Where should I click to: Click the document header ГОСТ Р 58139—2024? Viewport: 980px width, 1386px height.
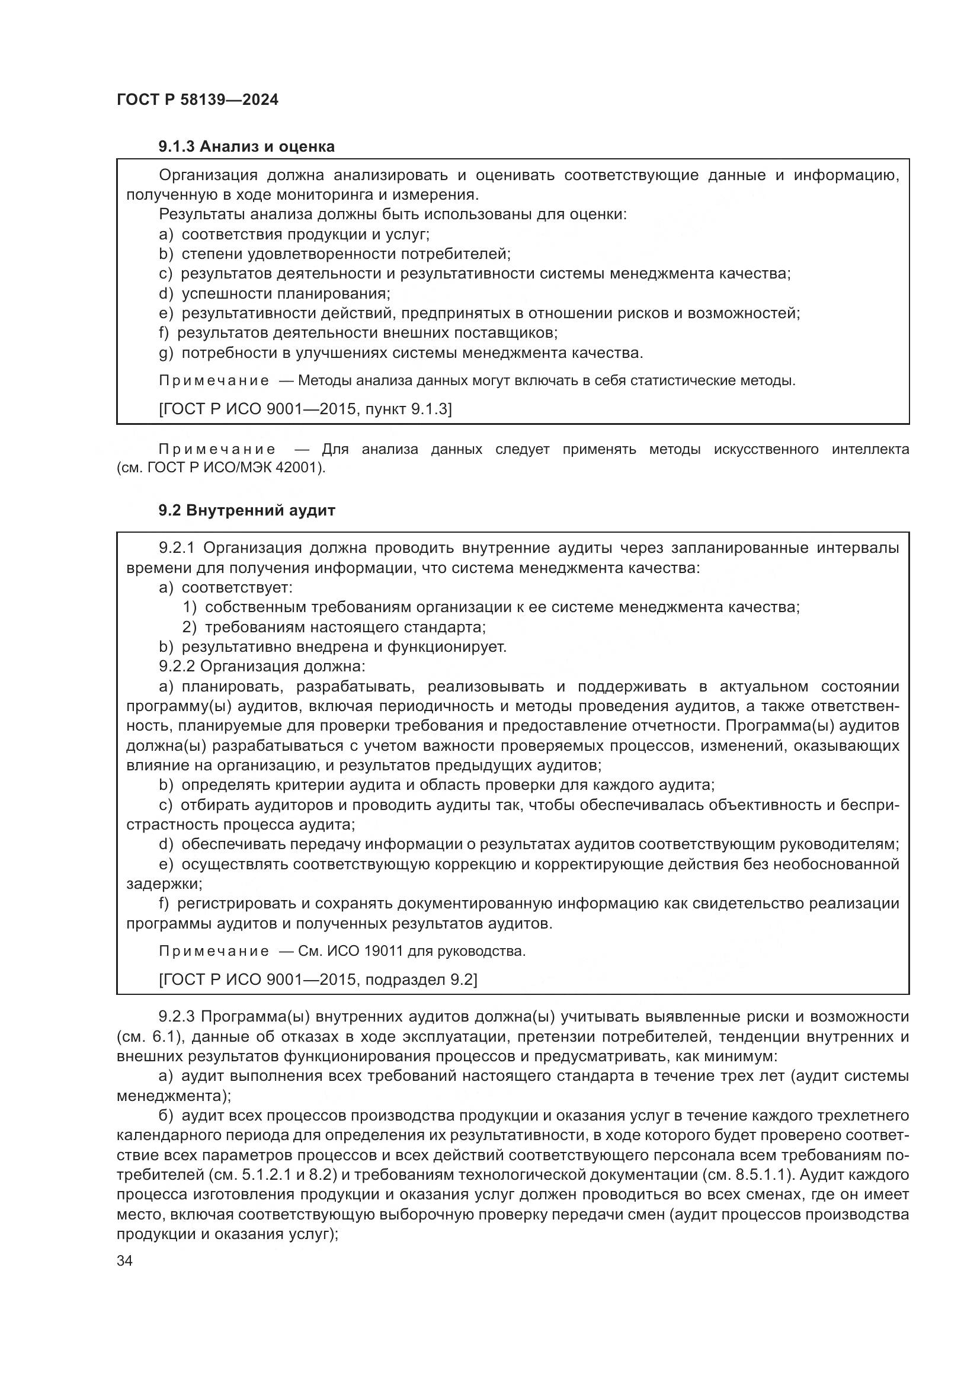(x=197, y=100)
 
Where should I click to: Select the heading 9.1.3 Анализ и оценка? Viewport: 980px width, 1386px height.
(x=246, y=146)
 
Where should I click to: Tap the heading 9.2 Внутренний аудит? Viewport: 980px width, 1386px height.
(x=246, y=510)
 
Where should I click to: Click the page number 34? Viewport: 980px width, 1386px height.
(x=124, y=1261)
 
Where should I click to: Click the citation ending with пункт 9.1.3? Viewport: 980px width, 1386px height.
(x=305, y=409)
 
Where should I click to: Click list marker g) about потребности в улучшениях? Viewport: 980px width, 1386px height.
(x=166, y=353)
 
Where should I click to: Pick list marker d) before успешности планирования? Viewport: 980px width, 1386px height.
(x=166, y=294)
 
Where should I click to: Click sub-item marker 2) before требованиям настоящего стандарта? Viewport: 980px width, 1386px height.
(x=190, y=627)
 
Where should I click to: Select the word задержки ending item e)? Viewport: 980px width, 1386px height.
(x=163, y=884)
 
